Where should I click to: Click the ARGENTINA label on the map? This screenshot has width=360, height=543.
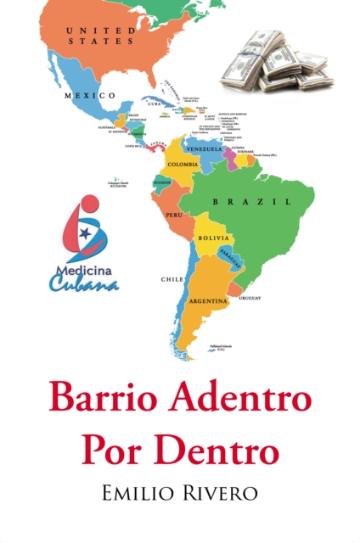208,300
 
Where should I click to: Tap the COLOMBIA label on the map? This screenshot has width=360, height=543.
183,164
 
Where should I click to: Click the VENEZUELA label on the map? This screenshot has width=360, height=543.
204,148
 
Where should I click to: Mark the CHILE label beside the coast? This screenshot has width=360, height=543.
171,278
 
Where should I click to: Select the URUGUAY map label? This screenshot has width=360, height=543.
250,298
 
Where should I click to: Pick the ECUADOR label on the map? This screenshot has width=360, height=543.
161,182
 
